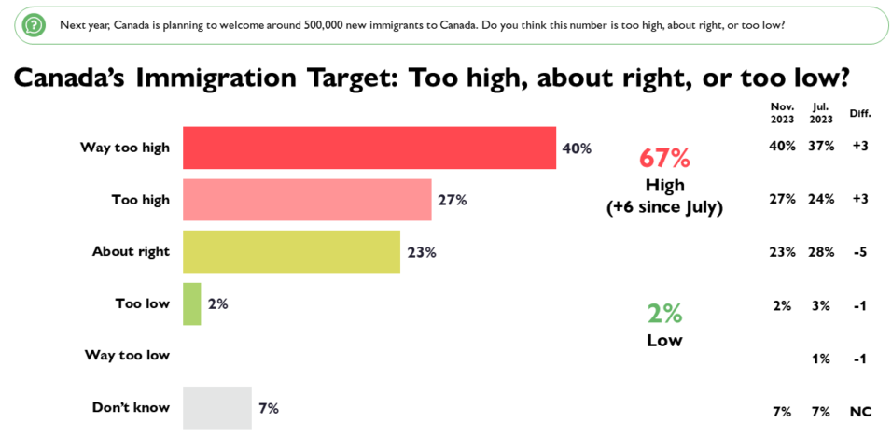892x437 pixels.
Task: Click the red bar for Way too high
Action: (x=369, y=148)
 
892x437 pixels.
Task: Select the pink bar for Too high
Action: (x=307, y=200)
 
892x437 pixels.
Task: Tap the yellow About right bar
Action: (x=291, y=251)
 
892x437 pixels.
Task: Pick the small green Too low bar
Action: (x=191, y=303)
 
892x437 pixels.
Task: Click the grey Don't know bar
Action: (x=216, y=407)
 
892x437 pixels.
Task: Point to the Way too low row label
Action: (x=127, y=355)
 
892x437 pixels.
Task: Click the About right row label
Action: (x=131, y=251)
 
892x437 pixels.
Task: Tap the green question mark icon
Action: (x=34, y=24)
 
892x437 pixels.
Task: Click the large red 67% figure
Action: (x=664, y=157)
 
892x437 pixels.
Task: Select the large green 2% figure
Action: (x=664, y=313)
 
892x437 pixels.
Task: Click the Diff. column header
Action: (x=859, y=114)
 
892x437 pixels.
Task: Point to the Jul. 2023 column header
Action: (x=820, y=113)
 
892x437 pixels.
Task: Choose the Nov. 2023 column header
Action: (x=781, y=113)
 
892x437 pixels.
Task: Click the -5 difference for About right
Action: (x=859, y=252)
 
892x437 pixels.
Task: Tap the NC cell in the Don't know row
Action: (x=859, y=412)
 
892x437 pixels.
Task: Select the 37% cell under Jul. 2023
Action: (x=820, y=147)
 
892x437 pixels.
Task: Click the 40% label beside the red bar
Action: (x=577, y=148)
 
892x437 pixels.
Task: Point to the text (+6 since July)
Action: (x=664, y=207)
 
